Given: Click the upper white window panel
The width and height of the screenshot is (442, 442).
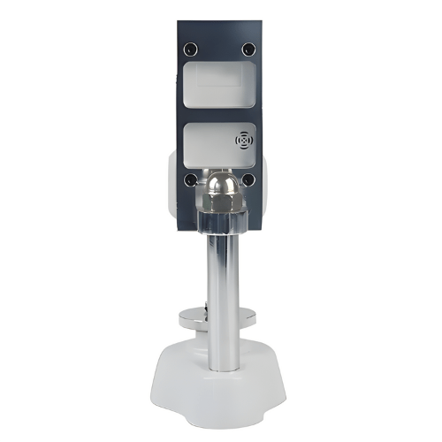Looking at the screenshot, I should tap(219, 85).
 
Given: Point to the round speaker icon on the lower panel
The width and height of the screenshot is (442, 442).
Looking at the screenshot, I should tap(243, 140).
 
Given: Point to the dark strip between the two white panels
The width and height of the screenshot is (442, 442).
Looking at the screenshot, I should tap(219, 115).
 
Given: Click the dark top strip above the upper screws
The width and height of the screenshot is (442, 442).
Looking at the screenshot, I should tap(219, 29).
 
